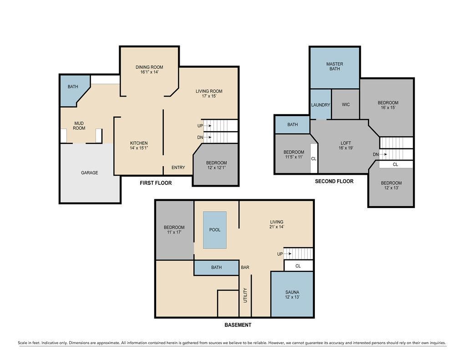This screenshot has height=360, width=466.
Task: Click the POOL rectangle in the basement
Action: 215,230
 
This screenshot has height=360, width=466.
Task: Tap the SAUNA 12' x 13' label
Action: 292,294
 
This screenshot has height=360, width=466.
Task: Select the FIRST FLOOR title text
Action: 156,183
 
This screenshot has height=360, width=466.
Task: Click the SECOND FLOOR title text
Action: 334,181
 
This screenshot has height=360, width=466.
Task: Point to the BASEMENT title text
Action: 238,325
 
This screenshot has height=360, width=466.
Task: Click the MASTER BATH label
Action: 334,66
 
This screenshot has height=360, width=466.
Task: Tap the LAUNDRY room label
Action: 321,105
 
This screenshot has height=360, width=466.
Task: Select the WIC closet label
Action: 346,105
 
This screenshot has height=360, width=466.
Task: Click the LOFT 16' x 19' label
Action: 346,145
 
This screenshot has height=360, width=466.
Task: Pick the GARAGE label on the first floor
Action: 90,172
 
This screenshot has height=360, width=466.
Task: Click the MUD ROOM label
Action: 79,126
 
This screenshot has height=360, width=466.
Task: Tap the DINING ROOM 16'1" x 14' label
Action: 149,70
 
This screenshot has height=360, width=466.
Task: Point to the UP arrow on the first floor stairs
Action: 208,126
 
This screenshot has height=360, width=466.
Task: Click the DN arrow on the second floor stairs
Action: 383,154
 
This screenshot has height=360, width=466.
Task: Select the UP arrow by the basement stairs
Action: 288,254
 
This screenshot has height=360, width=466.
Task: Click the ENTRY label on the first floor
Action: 178,167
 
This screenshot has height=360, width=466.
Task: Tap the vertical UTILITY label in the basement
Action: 245,295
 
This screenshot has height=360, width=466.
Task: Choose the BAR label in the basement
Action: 245,268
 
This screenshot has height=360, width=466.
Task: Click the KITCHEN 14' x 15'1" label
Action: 139,145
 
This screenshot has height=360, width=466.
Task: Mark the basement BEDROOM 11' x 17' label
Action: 174,230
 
